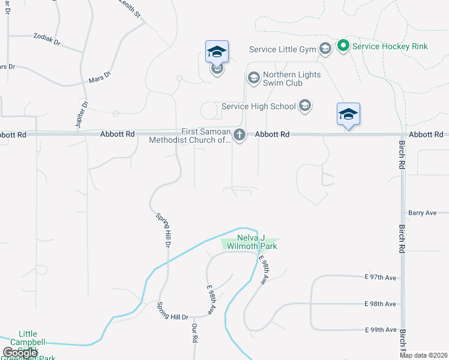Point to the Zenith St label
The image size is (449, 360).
(x=129, y=8)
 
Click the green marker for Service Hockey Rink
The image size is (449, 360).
(x=343, y=46)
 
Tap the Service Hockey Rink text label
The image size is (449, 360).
(x=390, y=46)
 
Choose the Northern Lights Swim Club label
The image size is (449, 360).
(x=292, y=79)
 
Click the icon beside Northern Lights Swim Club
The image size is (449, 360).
(x=253, y=78)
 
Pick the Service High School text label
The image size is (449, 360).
(x=259, y=106)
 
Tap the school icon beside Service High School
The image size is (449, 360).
(x=304, y=106)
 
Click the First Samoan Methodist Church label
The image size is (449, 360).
(x=190, y=136)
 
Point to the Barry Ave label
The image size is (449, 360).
(x=422, y=212)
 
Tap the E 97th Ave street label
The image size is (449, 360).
(x=381, y=277)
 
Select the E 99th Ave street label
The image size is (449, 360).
(x=381, y=330)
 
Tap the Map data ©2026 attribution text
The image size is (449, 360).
(x=423, y=355)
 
